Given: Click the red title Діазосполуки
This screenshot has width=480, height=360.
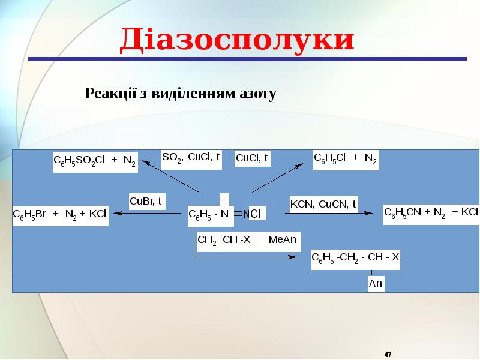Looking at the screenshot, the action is point(237,40).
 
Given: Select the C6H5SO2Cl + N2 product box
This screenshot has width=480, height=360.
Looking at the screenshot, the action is point(95,162).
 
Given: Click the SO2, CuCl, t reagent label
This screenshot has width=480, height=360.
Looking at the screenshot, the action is point(191,159).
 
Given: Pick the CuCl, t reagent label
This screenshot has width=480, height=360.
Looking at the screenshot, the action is point(252,158).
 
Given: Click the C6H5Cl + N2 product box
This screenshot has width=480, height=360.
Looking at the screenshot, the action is point(346,160).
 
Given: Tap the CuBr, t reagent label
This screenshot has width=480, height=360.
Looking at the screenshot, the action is point(147,201).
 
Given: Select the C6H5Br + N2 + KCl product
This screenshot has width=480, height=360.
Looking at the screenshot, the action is point(61,215).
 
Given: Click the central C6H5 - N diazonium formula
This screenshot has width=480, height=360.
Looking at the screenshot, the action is point(211,215).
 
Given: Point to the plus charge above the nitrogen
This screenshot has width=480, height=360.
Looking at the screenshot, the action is point(223,200).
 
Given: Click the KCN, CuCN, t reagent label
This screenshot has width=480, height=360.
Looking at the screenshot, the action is point(323,204).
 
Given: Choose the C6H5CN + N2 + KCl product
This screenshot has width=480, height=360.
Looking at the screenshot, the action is point(431,214).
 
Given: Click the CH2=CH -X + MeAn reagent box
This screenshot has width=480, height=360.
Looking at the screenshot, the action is point(248,241).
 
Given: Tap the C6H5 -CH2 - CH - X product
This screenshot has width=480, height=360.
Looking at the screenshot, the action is point(355,259).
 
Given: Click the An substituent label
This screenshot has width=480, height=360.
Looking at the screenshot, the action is point(376,283).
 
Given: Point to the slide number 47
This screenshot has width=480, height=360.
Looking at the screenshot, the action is point(388,355).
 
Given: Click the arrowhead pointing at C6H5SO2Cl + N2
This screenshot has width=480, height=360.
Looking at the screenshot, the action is point(145,162).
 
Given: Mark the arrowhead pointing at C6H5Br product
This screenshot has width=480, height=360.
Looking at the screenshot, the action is point(118,214).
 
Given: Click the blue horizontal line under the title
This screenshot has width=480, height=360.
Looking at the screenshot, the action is point(247,59).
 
